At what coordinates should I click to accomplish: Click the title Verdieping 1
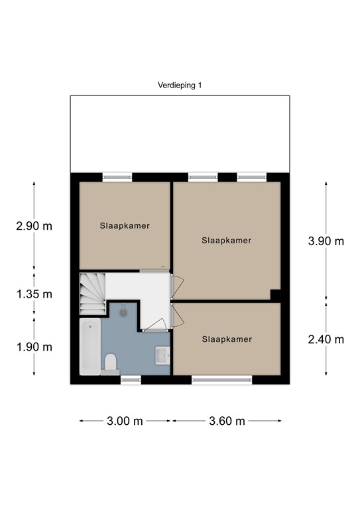[x=180, y=85]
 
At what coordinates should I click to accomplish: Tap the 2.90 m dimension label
[x=34, y=225]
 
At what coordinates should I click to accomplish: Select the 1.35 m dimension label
[x=34, y=294]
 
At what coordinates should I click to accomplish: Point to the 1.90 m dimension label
[x=34, y=347]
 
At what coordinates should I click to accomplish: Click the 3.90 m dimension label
[x=326, y=241]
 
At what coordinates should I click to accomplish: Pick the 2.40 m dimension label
[x=326, y=339]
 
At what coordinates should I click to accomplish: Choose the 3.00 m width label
[x=125, y=421]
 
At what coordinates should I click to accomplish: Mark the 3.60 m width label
[x=227, y=421]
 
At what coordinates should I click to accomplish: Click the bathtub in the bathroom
[x=90, y=347]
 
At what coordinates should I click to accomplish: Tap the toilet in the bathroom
[x=110, y=363]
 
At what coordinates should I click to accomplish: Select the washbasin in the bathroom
[x=162, y=355]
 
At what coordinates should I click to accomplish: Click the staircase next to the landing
[x=93, y=294]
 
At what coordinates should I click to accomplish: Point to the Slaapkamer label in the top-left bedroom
[x=125, y=225]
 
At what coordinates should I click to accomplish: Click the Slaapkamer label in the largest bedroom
[x=227, y=241]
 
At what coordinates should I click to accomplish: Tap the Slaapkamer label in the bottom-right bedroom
[x=227, y=339]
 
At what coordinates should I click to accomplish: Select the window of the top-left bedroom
[x=117, y=177]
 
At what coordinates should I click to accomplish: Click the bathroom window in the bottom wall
[x=131, y=380]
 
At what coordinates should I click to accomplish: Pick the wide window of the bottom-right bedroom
[x=222, y=380]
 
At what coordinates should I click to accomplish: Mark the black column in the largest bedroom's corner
[x=276, y=295]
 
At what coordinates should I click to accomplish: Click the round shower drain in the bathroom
[x=123, y=312]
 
